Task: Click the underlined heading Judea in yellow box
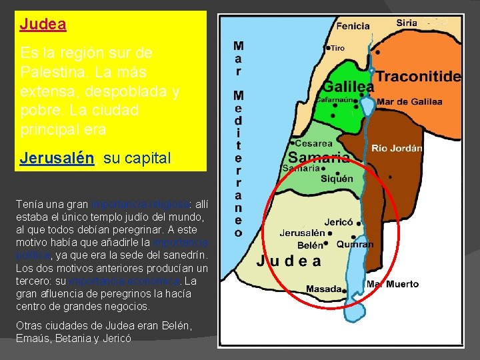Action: click(43, 25)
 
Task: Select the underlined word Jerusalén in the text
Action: click(57, 159)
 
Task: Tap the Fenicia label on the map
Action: click(353, 26)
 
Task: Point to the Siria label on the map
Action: click(407, 23)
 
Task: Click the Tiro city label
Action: click(338, 48)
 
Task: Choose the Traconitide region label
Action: click(419, 76)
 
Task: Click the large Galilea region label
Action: click(348, 87)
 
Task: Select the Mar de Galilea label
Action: click(409, 102)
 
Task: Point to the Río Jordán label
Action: click(397, 148)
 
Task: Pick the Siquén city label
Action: click(337, 179)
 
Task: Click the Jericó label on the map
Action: click(338, 222)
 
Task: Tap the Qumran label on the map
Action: click(355, 245)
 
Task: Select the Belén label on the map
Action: click(310, 245)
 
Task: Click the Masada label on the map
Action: click(323, 289)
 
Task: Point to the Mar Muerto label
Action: click(393, 284)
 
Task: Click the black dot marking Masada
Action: click(345, 290)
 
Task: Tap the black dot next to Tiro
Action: click(328, 48)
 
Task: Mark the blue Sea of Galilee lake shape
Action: click(367, 105)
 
